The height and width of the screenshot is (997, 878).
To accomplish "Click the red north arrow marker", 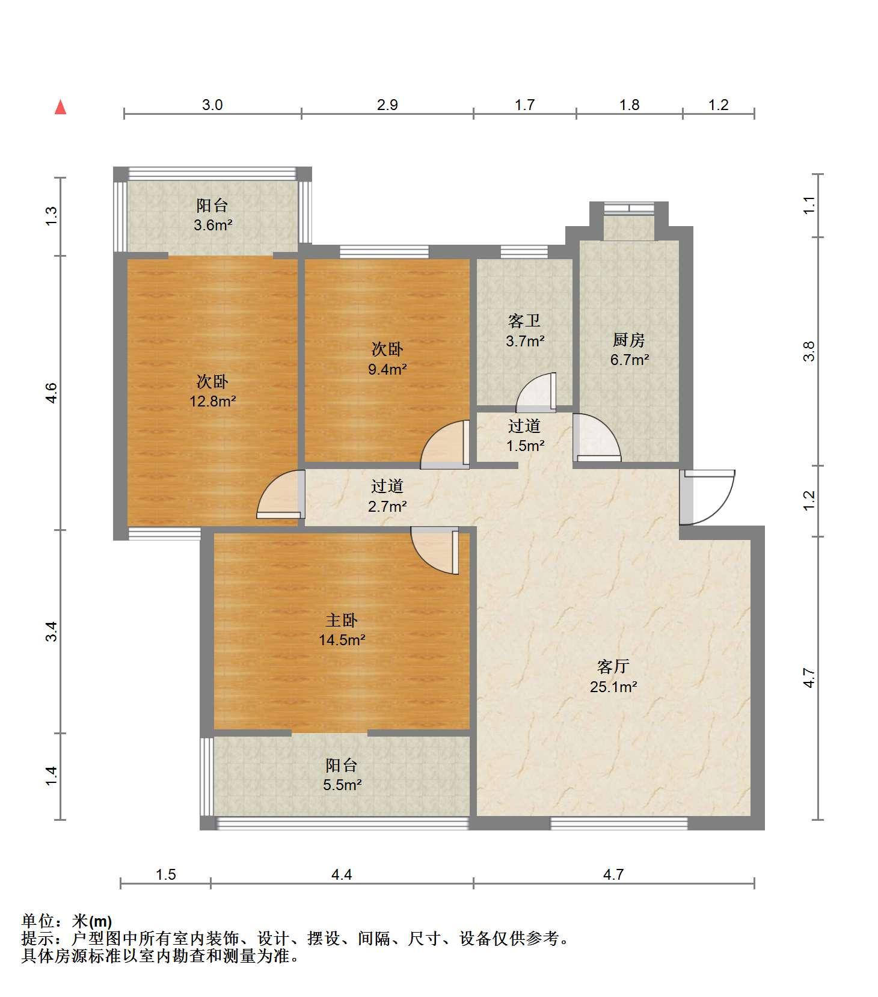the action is point(60,107).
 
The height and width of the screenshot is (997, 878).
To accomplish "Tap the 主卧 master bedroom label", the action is point(342,620).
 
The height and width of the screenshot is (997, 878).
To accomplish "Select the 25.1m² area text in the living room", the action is point(613,686).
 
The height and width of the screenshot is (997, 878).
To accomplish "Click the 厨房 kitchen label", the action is point(629,340).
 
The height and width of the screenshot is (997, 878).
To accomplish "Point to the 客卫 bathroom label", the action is point(524,321).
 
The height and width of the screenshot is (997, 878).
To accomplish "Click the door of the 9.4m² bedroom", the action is point(445,444).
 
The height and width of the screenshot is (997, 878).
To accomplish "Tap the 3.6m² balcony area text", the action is point(212,225).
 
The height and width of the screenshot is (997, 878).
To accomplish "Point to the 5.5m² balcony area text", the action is point(342,785).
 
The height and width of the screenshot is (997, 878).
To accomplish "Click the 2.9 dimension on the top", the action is point(387,105).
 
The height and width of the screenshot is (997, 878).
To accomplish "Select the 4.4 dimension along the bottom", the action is point(342,874).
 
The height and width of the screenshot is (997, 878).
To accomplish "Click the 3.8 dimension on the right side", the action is point(809,351).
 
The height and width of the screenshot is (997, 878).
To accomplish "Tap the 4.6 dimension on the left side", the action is point(52,393).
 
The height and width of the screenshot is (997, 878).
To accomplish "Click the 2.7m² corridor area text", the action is point(387,506).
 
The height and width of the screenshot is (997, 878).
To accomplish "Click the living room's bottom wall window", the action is point(619,823).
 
